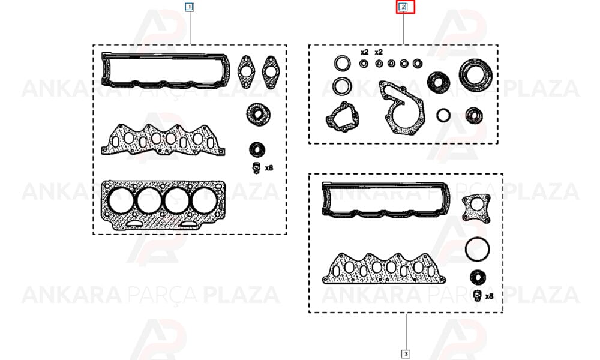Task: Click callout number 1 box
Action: click(190, 7)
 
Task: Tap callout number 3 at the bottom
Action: click(406, 354)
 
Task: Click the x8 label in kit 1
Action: click(269, 167)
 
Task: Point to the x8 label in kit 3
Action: click(489, 296)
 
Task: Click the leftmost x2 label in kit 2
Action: click(364, 52)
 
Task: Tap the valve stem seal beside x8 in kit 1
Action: click(256, 168)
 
